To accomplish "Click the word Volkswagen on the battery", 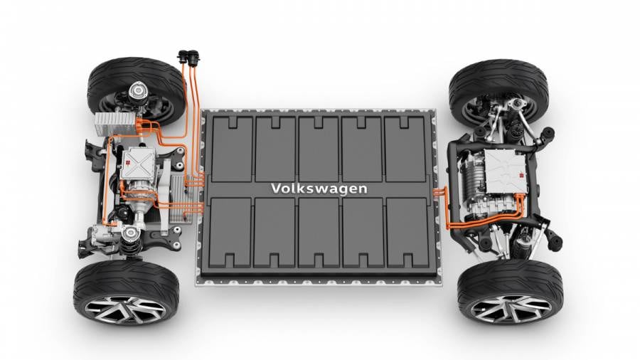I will tap(319, 189).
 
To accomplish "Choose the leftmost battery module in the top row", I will tap(233, 148).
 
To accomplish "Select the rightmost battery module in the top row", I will tap(405, 148).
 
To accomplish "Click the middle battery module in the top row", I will tap(319, 148).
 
